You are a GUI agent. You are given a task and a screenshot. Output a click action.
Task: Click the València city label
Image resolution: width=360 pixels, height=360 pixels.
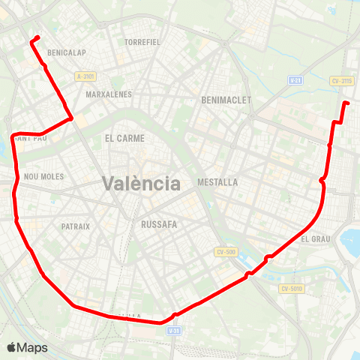[x=140, y=183]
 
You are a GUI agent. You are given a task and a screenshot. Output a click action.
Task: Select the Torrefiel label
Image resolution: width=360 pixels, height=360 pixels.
[x=142, y=42]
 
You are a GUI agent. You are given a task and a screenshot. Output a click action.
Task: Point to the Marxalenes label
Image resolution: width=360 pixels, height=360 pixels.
[x=109, y=94]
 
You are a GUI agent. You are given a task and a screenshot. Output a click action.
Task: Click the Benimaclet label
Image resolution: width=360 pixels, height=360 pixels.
[x=226, y=100]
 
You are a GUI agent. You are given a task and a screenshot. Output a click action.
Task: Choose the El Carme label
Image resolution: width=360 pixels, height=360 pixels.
[x=124, y=138]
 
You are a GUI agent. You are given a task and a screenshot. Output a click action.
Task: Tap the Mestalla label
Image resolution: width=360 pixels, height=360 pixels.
[x=217, y=182]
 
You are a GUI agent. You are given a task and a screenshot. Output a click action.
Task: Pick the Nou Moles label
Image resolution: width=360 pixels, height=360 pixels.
[x=44, y=177]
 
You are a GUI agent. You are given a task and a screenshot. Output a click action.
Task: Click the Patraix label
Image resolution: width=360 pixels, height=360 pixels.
[x=76, y=226]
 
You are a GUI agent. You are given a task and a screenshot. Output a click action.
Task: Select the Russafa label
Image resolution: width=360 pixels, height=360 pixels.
[x=157, y=223]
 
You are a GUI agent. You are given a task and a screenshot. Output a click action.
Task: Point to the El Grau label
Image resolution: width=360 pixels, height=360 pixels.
[x=315, y=239]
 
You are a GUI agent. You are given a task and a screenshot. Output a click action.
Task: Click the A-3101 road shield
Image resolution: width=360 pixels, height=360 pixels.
[x=86, y=76]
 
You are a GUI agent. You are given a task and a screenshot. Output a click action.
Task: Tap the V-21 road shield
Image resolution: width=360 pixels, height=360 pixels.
[x=295, y=79]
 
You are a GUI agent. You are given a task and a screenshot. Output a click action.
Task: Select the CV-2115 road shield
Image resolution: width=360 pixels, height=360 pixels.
[x=341, y=81]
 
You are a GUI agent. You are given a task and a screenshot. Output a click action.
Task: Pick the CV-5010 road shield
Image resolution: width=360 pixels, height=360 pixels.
[x=291, y=289]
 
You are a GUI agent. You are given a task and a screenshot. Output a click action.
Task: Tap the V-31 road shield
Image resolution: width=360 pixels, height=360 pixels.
[x=174, y=330]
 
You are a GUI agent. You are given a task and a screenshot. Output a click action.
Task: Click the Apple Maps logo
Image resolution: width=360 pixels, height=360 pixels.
[x=27, y=347]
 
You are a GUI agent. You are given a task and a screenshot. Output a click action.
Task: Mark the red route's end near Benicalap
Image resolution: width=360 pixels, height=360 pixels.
[x=37, y=37]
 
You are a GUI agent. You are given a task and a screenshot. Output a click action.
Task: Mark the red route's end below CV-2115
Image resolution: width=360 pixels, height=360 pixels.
[x=347, y=103]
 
